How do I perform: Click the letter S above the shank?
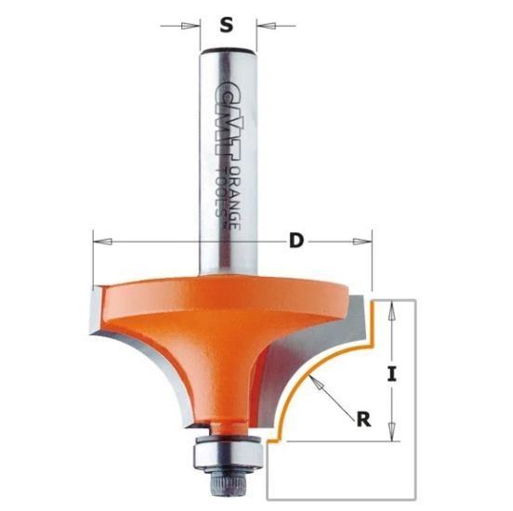[x=225, y=25]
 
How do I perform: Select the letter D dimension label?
[x=296, y=242]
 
